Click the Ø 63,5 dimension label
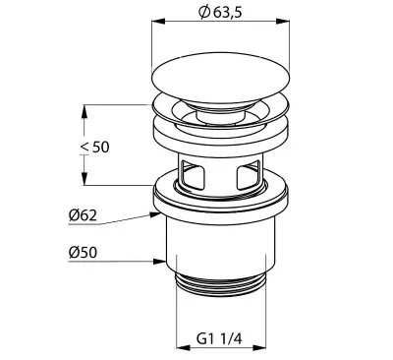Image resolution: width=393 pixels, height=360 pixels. [x=220, y=13]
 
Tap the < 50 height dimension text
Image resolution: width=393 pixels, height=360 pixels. [x=95, y=147]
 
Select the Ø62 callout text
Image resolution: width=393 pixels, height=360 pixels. [x=83, y=215]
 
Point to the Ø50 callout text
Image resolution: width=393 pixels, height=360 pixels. [x=83, y=253]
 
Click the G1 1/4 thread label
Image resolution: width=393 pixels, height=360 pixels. [x=220, y=338]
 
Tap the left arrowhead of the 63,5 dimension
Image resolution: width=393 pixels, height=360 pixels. [x=158, y=22]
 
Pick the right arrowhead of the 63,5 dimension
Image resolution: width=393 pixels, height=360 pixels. [x=283, y=22]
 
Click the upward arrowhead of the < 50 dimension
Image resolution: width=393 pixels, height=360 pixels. [x=84, y=111]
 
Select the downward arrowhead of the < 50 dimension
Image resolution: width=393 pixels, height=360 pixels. [x=84, y=179]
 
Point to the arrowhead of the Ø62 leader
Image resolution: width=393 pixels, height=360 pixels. [x=155, y=214]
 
